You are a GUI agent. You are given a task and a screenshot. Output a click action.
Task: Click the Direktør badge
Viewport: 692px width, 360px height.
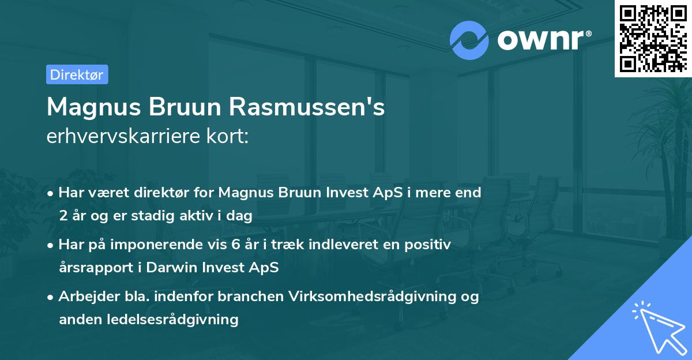tap(77, 74)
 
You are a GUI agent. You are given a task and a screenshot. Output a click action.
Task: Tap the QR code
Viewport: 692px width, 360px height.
tap(653, 38)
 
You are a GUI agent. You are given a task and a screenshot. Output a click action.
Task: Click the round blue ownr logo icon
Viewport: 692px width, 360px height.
tap(469, 40)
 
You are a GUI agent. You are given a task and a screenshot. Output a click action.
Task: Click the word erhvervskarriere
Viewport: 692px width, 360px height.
tap(122, 136)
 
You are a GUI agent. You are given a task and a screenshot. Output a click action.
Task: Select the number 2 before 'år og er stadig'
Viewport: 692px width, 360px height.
tap(63, 216)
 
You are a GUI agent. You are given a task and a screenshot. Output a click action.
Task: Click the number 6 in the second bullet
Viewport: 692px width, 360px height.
tap(235, 244)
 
